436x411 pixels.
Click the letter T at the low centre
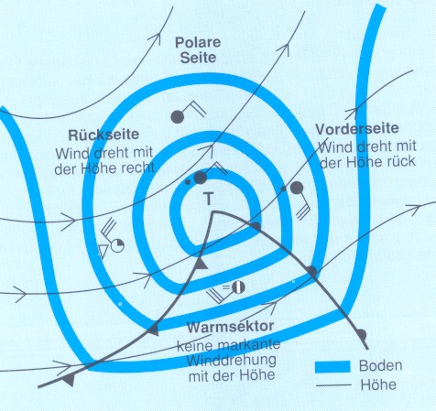click(209, 199)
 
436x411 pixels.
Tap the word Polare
click(198, 42)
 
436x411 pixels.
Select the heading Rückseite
click(104, 135)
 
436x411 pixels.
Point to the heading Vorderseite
click(357, 129)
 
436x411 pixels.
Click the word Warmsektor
click(230, 327)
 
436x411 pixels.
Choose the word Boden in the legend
click(380, 365)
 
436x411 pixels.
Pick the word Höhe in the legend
click(378, 384)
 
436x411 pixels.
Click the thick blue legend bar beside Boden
click(332, 366)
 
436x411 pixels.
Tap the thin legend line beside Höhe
click(333, 385)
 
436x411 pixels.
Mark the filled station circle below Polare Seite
click(178, 116)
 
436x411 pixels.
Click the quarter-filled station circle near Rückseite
click(117, 245)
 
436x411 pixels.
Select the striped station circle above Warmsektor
click(238, 287)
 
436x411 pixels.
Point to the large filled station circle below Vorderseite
click(297, 188)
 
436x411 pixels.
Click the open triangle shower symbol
click(102, 250)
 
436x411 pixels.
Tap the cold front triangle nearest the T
click(201, 264)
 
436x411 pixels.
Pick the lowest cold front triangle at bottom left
click(69, 380)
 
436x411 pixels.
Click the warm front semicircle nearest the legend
click(361, 335)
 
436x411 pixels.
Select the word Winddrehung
click(232, 361)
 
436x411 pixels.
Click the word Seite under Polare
click(198, 58)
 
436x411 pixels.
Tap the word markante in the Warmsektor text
click(249, 344)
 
